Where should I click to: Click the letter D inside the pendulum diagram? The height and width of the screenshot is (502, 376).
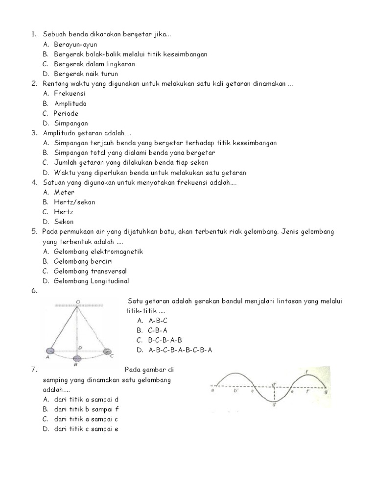(80, 347)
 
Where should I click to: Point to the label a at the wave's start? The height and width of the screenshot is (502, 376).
(213, 391)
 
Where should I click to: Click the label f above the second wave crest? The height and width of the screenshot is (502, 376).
(306, 372)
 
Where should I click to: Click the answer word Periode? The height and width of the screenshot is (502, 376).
(66, 113)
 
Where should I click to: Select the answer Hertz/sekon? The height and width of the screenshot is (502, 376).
(74, 202)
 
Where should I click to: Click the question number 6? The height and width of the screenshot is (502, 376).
(34, 291)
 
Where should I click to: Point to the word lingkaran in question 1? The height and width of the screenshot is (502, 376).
(118, 64)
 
